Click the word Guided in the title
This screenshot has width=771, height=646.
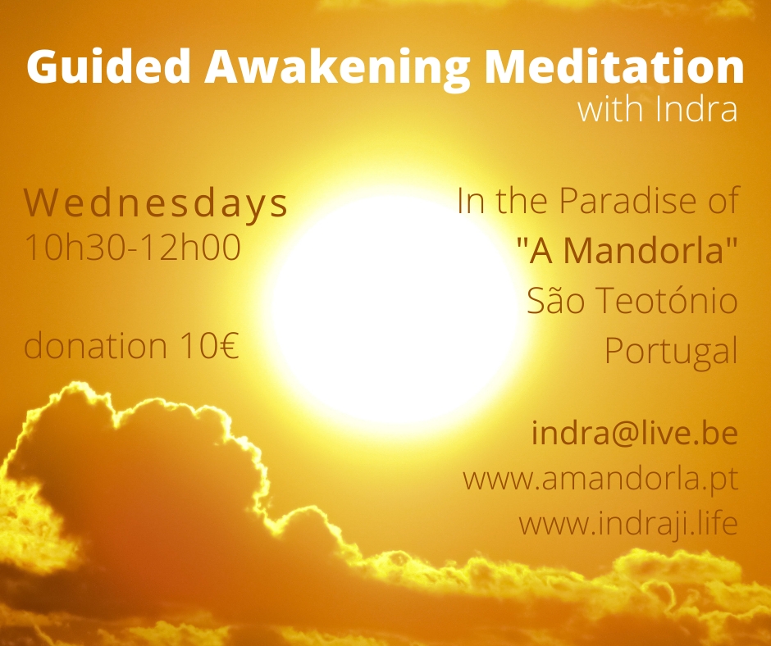click(108, 66)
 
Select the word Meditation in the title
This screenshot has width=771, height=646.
click(614, 66)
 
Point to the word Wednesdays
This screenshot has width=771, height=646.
click(155, 203)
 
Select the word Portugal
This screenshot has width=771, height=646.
click(671, 352)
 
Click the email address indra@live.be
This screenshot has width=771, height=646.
click(635, 433)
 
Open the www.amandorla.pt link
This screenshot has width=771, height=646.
click(600, 479)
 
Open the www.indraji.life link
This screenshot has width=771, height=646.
click(628, 524)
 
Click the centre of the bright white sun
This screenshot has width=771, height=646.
click(394, 307)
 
